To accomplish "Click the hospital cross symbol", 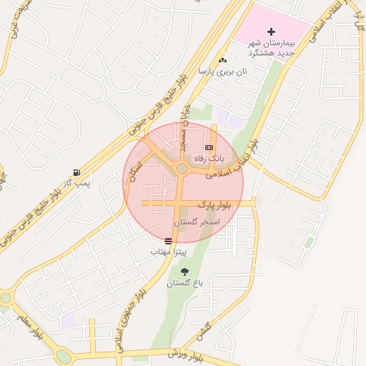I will pyautogui.click(x=271, y=31).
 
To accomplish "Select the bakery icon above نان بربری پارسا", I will pyautogui.click(x=223, y=61).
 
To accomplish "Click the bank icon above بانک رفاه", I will pyautogui.click(x=209, y=147).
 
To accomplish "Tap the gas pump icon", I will pyautogui.click(x=76, y=173).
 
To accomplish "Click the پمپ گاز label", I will pyautogui.click(x=74, y=184).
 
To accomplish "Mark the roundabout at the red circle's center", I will pyautogui.click(x=182, y=169).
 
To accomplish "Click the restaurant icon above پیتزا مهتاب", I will pyautogui.click(x=168, y=242).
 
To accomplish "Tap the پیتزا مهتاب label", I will pyautogui.click(x=169, y=252).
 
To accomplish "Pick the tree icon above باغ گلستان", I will pyautogui.click(x=186, y=272).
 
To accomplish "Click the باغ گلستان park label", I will pyautogui.click(x=185, y=283).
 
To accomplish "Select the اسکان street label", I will pyautogui.click(x=134, y=172).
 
